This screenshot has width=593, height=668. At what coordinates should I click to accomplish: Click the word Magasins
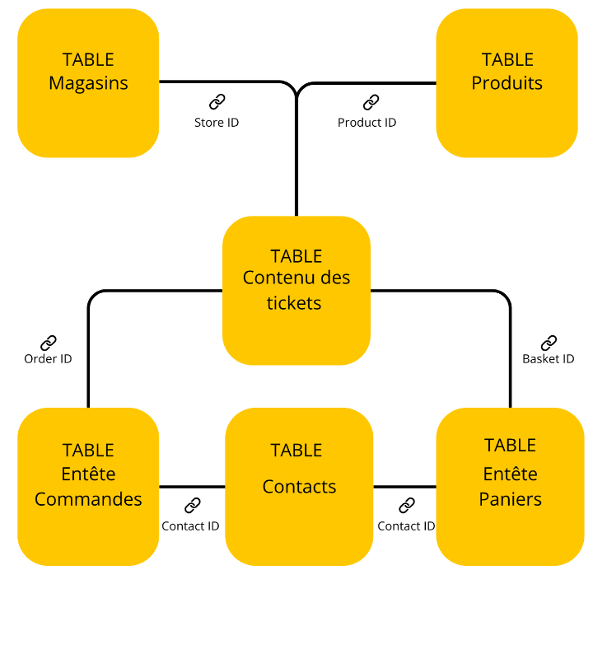point(88,83)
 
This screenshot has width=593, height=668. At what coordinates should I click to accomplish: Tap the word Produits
point(507,83)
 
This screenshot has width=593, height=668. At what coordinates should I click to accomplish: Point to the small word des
point(334,278)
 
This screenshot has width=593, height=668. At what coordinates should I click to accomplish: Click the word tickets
point(294,303)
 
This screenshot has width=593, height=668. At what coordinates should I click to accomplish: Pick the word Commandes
point(88,499)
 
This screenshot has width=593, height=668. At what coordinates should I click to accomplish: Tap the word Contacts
point(299,487)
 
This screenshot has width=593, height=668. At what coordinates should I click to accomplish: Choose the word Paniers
point(510,499)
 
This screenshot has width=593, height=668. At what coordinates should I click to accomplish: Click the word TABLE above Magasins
point(88,59)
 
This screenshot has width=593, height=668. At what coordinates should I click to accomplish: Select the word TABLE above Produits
point(507,59)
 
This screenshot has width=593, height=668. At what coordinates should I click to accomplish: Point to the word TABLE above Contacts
point(296,451)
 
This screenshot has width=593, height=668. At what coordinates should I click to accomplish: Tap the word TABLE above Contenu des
point(296,256)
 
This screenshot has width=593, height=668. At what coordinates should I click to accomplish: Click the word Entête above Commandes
point(88,474)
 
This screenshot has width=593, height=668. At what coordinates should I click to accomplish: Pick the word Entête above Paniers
point(510,474)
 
